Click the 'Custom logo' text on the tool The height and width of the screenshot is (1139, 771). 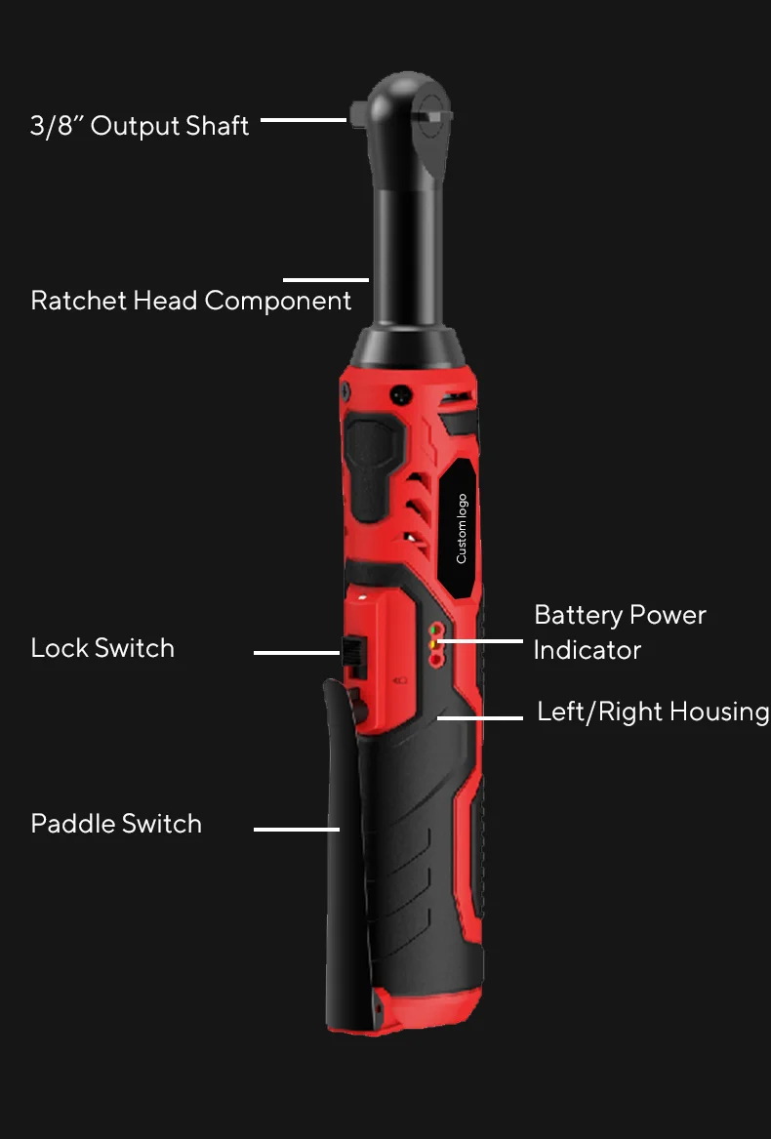coord(462,528)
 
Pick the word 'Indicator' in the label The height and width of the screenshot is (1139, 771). coord(587,650)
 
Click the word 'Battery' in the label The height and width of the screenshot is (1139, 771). coord(577,615)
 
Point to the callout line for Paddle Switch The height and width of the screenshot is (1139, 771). coord(295,830)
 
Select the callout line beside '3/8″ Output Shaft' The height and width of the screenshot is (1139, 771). coord(303,120)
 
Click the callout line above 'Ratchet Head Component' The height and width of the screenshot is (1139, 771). coord(325,280)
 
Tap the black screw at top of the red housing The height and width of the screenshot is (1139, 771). coord(398,394)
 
